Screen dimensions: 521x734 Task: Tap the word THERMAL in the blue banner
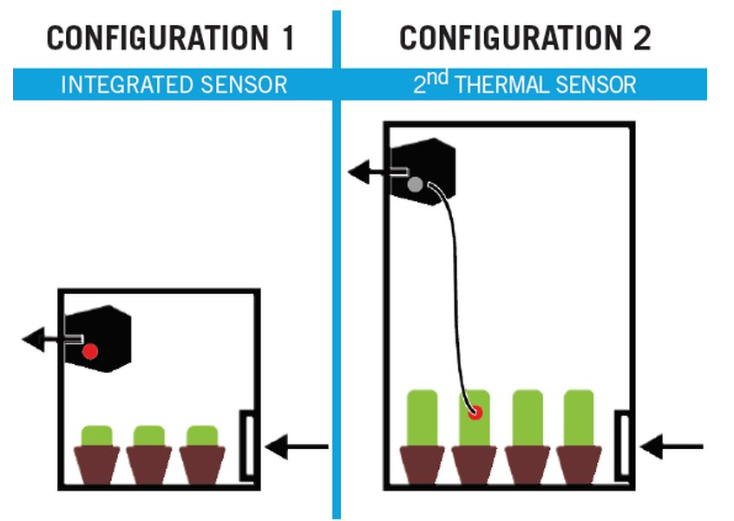point(508,85)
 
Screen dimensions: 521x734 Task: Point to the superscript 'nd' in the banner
point(441,79)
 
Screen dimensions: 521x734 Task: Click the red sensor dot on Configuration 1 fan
point(89,351)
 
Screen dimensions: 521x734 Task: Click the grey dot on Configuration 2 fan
point(415,184)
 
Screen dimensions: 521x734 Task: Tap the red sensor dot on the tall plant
point(475,412)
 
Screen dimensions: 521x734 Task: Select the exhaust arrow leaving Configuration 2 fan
point(368,173)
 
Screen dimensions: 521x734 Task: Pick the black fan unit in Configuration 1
point(104,338)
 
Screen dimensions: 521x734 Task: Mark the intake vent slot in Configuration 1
point(246,444)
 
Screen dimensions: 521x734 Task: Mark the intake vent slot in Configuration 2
point(622,444)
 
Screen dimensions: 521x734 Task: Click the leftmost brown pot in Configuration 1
point(96,464)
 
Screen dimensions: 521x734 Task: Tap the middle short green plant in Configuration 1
point(149,435)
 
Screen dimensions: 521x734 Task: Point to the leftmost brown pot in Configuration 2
point(422,464)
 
